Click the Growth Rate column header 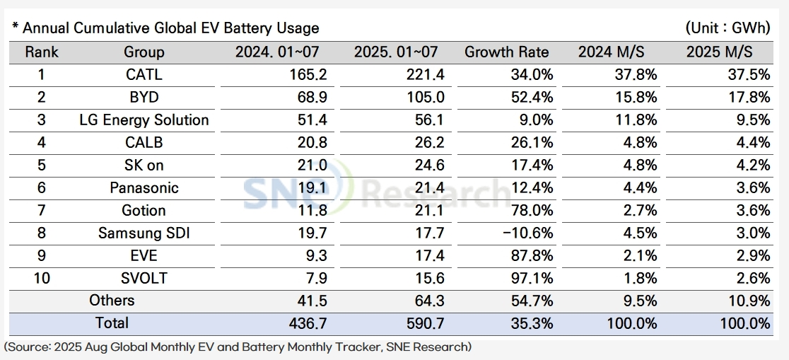[506, 52]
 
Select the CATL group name [144, 74]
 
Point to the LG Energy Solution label [144, 120]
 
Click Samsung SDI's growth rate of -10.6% [526, 233]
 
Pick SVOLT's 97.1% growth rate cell [530, 278]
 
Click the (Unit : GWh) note [727, 28]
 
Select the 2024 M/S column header [612, 52]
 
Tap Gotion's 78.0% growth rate [530, 210]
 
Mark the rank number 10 [42, 278]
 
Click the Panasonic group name [144, 187]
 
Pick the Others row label [112, 301]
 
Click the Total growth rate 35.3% [530, 323]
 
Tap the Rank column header [42, 52]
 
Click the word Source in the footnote [29, 347]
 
